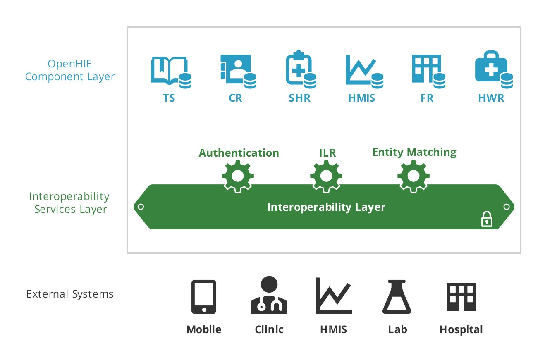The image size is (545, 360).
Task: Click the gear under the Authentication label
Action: click(x=238, y=176)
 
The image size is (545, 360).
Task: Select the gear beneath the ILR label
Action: click(x=326, y=176)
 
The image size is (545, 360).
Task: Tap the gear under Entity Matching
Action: click(x=414, y=176)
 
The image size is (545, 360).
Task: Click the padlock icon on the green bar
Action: click(x=487, y=219)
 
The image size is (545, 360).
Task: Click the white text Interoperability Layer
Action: click(x=326, y=207)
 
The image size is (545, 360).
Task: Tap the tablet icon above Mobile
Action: click(x=204, y=297)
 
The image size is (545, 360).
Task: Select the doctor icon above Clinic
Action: click(x=269, y=295)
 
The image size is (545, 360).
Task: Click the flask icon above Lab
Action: click(x=397, y=297)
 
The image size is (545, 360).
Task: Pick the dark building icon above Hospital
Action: click(x=461, y=297)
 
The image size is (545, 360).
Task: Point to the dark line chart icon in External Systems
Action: click(x=333, y=296)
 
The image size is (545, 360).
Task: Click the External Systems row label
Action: click(x=70, y=294)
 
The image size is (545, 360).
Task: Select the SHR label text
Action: click(x=299, y=98)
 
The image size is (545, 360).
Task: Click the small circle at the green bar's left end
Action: click(x=141, y=207)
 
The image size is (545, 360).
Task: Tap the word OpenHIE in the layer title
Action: click(x=70, y=64)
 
